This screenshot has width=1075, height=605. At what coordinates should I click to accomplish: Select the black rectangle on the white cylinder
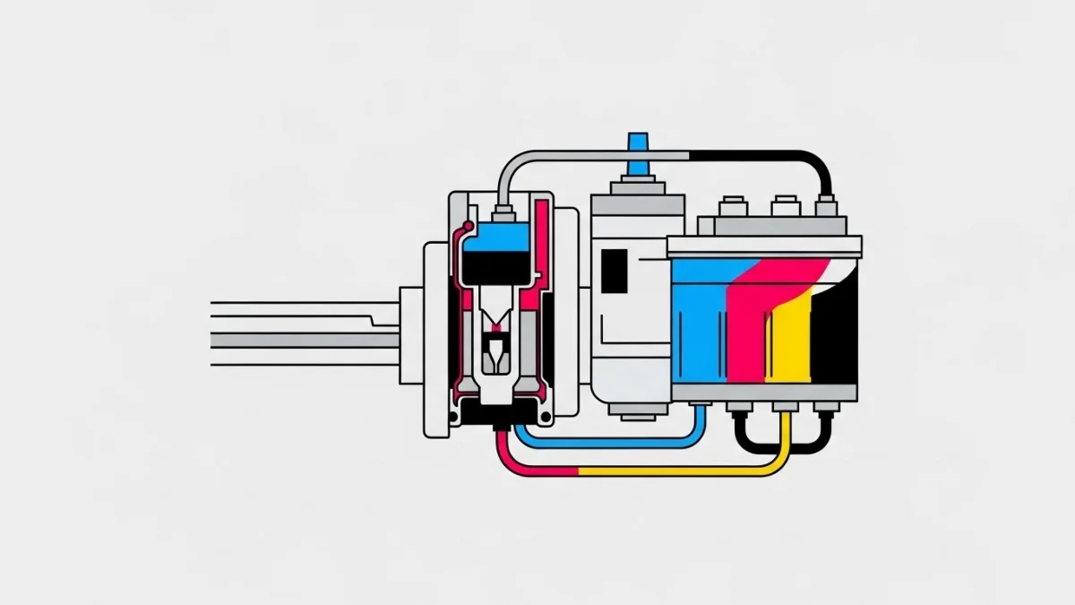click(615, 271)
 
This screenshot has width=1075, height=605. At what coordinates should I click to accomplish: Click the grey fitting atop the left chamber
click(503, 212)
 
